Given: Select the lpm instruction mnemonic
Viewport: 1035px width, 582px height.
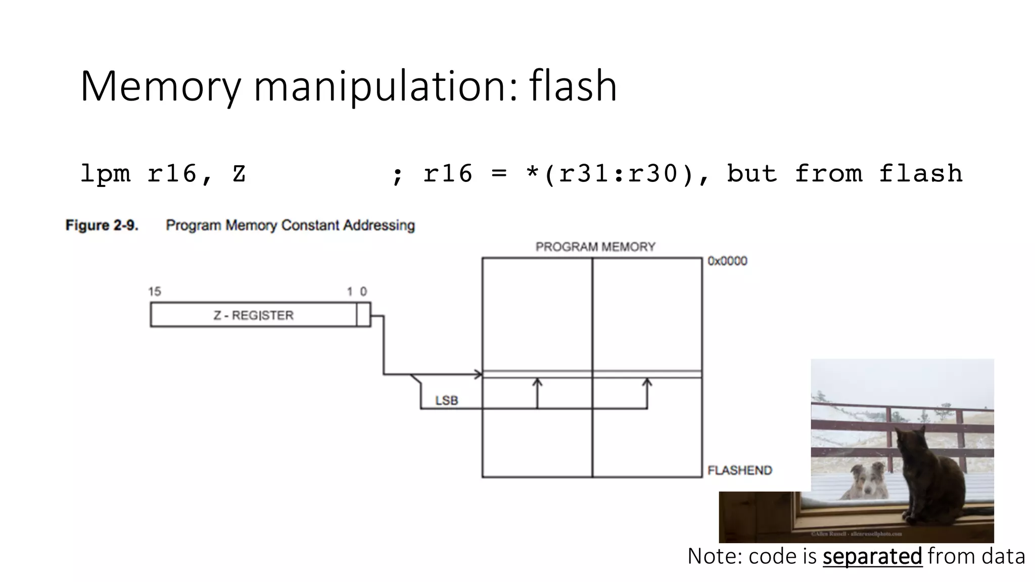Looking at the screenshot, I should coord(105,174).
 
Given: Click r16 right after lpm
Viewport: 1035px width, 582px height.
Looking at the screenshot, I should coord(172,174).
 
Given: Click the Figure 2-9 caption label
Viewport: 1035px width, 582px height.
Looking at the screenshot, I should coord(102,225).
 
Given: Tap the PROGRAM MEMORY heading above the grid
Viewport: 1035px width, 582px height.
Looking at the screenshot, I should coord(595,247).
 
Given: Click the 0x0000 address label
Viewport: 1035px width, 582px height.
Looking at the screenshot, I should coord(727,261).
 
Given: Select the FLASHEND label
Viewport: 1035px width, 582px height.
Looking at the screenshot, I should coord(739,470).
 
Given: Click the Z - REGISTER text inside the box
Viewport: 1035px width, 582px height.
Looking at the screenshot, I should coord(253,315).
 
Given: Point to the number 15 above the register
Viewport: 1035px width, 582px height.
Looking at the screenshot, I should coord(154,292).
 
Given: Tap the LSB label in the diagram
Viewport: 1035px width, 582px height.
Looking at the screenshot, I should coord(446,401).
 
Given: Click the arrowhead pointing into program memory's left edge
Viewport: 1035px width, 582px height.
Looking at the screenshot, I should coord(478,374).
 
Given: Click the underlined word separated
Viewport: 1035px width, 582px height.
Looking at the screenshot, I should coord(872,557).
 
